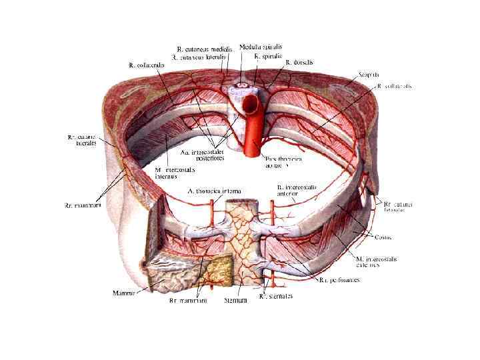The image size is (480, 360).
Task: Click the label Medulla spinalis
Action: [x=261, y=47]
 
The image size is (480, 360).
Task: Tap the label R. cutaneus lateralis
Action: [x=199, y=58]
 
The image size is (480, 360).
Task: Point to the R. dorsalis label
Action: [x=299, y=62]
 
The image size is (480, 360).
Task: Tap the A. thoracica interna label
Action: [x=213, y=191]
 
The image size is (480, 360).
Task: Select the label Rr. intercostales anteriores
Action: [x=297, y=191]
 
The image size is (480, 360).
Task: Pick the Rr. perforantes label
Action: [x=339, y=280]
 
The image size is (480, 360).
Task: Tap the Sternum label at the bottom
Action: [x=237, y=301]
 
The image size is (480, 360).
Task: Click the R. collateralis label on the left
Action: [x=147, y=65]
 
